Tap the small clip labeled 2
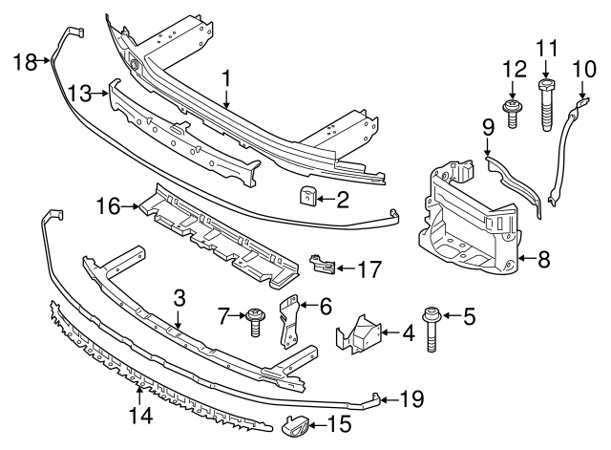pyautogui.click(x=307, y=197)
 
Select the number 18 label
pyautogui.click(x=25, y=62)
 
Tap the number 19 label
pyautogui.click(x=411, y=399)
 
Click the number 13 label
pyautogui.click(x=80, y=92)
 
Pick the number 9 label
pyautogui.click(x=487, y=124)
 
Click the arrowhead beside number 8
pyautogui.click(x=525, y=256)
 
